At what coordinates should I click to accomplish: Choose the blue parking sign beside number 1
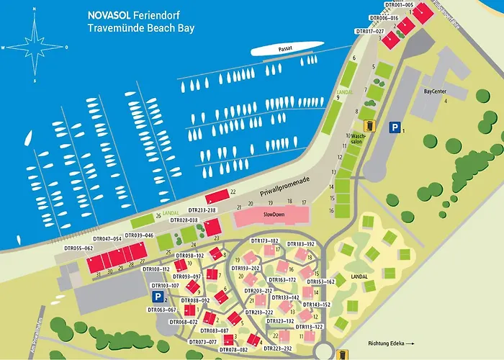pyautogui.click(x=395, y=127)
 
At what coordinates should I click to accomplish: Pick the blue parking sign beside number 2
pyautogui.click(x=157, y=296)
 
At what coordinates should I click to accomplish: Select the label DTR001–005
pyautogui.click(x=399, y=5)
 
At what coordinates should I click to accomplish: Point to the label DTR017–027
pyautogui.click(x=370, y=31)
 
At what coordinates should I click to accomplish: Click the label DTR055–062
pyautogui.click(x=78, y=248)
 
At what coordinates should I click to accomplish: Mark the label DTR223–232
pyautogui.click(x=277, y=348)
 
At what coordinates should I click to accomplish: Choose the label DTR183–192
pyautogui.click(x=301, y=244)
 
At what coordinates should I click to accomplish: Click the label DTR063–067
pyautogui.click(x=161, y=311)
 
